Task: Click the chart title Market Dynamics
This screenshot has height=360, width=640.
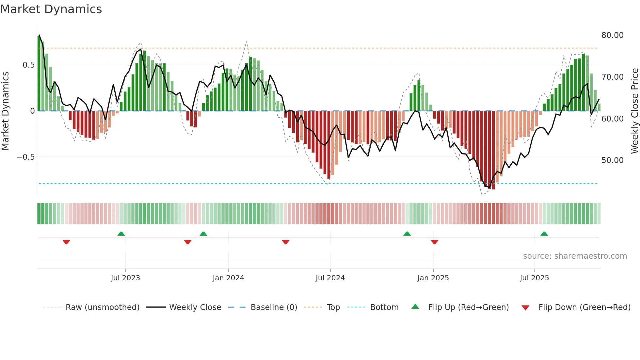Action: pos(51,9)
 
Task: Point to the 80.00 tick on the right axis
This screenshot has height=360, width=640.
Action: pos(612,35)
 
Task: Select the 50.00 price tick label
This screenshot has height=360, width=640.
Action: pos(612,160)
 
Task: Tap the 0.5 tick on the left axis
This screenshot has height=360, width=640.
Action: pos(28,65)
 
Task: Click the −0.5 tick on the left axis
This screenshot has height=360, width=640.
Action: pos(25,157)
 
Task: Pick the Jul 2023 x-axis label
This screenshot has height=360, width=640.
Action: pos(125,278)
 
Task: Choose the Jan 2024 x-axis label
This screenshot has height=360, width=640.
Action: pos(228,278)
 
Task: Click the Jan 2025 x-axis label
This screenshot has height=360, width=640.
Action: pos(433,278)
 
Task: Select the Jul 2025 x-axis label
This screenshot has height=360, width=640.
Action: pos(534,278)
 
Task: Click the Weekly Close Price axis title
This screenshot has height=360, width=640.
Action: pos(634,111)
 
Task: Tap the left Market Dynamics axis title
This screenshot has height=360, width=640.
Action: pos(5,111)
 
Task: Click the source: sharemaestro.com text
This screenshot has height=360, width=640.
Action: pos(575,256)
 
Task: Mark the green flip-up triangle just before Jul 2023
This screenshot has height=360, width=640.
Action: pos(121,234)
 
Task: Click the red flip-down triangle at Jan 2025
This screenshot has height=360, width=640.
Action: pos(434,242)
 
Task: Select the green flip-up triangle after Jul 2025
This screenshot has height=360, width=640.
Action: pos(544,234)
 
